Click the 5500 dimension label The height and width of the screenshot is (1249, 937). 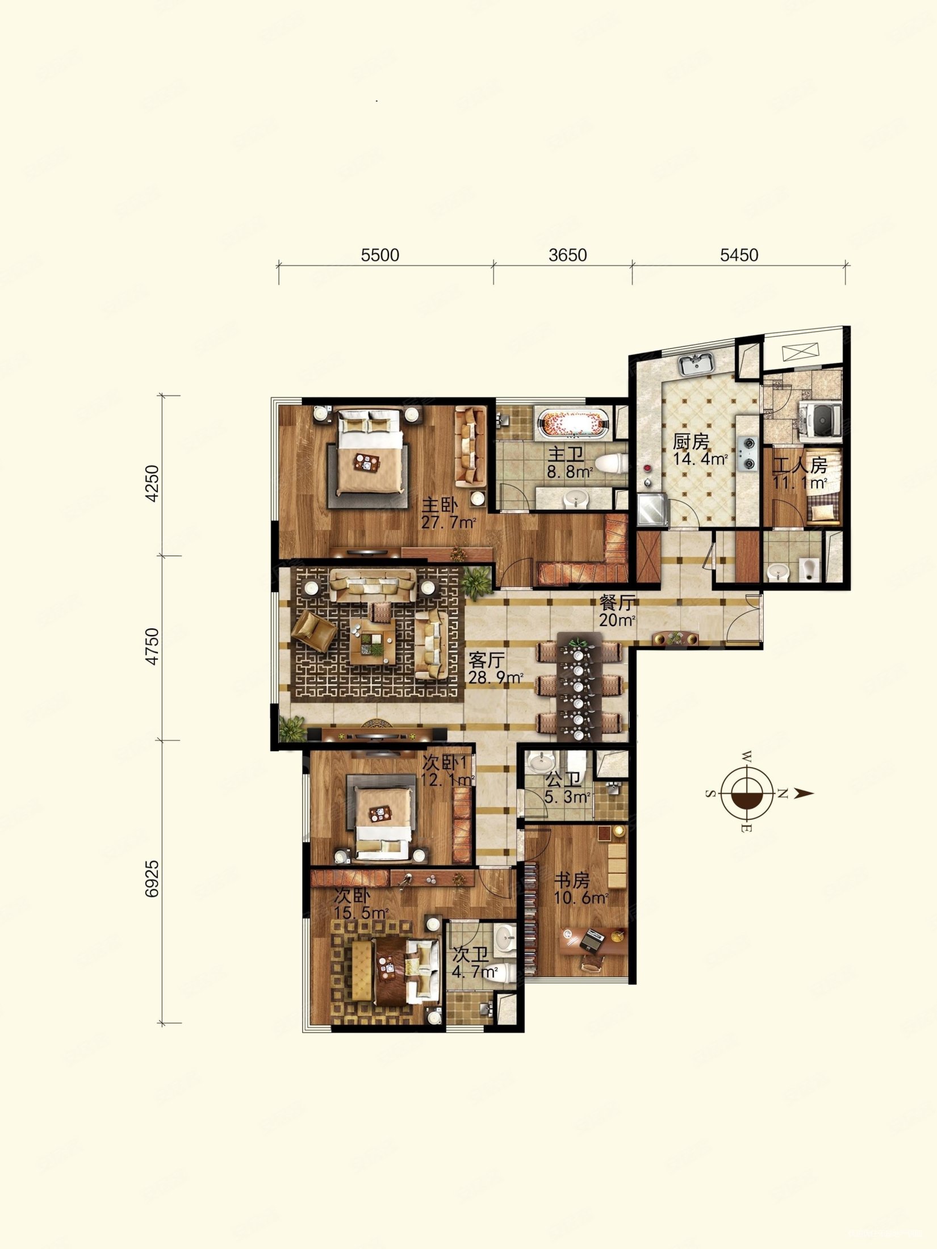pos(380,255)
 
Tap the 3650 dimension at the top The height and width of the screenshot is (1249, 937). pos(568,255)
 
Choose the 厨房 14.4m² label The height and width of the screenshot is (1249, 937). pos(701,450)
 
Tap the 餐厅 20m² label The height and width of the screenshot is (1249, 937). pos(617,611)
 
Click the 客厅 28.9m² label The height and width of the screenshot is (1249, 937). pos(495,668)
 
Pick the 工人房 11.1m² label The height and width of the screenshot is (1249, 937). pos(800,474)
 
